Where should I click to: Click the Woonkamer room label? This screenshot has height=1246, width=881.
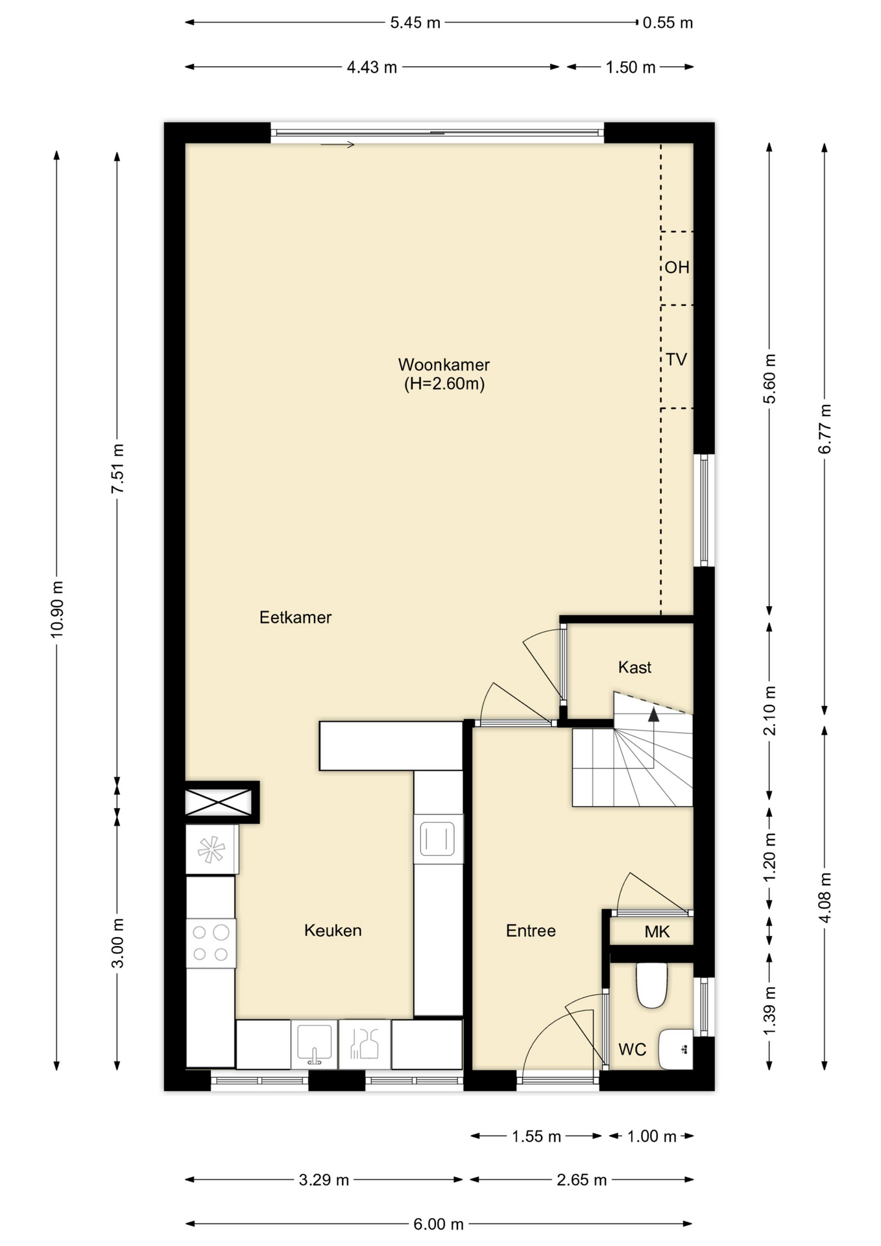(444, 365)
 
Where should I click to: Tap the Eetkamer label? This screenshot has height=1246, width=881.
(295, 617)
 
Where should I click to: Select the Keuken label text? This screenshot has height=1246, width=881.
(333, 931)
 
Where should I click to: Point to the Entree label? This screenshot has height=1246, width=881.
(531, 931)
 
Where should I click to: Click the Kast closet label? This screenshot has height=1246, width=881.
(634, 667)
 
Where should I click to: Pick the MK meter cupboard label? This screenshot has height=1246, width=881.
(657, 932)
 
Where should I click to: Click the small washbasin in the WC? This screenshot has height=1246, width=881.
(675, 1049)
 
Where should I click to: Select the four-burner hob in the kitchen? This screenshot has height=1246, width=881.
(211, 944)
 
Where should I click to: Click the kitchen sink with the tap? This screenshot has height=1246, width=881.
(314, 1044)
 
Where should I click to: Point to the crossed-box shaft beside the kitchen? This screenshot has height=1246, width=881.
(218, 802)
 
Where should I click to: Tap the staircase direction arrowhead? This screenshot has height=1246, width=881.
(653, 715)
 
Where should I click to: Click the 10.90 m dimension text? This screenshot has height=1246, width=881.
(57, 609)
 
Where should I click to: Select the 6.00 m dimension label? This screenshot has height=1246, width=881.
(439, 1224)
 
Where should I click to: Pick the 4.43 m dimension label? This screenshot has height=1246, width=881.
(372, 67)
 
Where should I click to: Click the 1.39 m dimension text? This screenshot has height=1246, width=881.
(769, 1012)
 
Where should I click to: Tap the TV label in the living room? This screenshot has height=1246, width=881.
(676, 359)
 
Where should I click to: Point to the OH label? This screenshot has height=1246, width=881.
(677, 267)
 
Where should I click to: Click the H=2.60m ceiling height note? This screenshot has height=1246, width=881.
(444, 384)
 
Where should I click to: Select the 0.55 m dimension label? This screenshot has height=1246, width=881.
(668, 23)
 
